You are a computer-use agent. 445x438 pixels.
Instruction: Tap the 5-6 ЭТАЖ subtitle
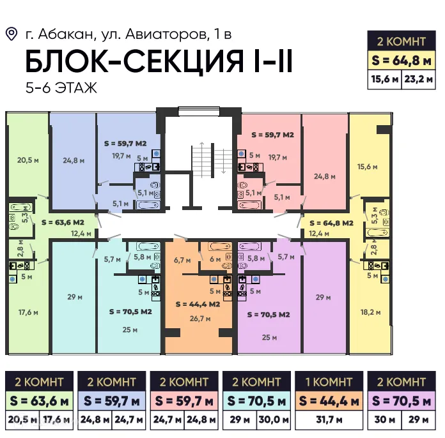click(61, 87)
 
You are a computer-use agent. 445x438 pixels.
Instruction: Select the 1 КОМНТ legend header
click(329, 382)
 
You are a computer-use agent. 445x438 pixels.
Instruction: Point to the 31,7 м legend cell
click(329, 421)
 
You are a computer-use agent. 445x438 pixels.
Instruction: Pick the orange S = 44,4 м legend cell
click(329, 401)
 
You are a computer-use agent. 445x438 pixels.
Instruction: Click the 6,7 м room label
click(182, 260)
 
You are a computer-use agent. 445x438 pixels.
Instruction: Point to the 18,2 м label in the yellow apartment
click(370, 312)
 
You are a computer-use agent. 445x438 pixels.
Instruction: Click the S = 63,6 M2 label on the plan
click(63, 223)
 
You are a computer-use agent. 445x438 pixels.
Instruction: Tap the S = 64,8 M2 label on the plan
click(331, 223)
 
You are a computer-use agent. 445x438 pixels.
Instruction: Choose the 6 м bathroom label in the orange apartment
click(215, 259)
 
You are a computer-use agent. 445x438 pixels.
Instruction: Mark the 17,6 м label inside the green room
click(27, 312)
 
